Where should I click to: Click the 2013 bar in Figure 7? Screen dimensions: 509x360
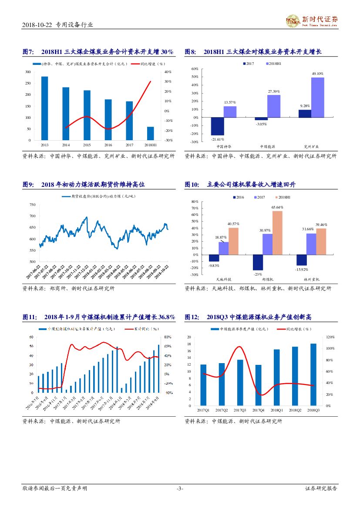44,108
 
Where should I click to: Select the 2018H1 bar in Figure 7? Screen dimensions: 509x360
150,133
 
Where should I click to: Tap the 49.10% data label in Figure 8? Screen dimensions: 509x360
318,74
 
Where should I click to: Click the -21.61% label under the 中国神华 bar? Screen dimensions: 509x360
218,139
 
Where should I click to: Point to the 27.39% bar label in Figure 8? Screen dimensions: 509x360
274,91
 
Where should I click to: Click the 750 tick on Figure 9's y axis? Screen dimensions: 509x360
33,205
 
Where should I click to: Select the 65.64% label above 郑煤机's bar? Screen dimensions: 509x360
278,208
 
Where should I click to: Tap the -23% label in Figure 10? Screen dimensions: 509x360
258,274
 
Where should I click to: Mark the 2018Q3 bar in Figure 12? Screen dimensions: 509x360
313,374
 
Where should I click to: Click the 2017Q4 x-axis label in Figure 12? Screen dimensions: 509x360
258,410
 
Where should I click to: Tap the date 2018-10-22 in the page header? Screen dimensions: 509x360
37,25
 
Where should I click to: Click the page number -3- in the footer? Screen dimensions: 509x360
180,489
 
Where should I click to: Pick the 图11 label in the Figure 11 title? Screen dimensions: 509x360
30,317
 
